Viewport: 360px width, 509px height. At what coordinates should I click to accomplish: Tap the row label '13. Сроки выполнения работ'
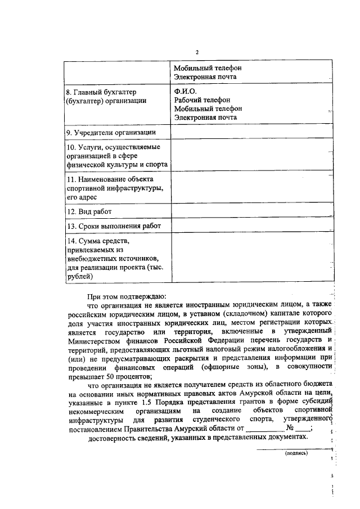click(113, 226)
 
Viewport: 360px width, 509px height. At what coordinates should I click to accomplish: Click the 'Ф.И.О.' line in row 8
click(185, 91)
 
